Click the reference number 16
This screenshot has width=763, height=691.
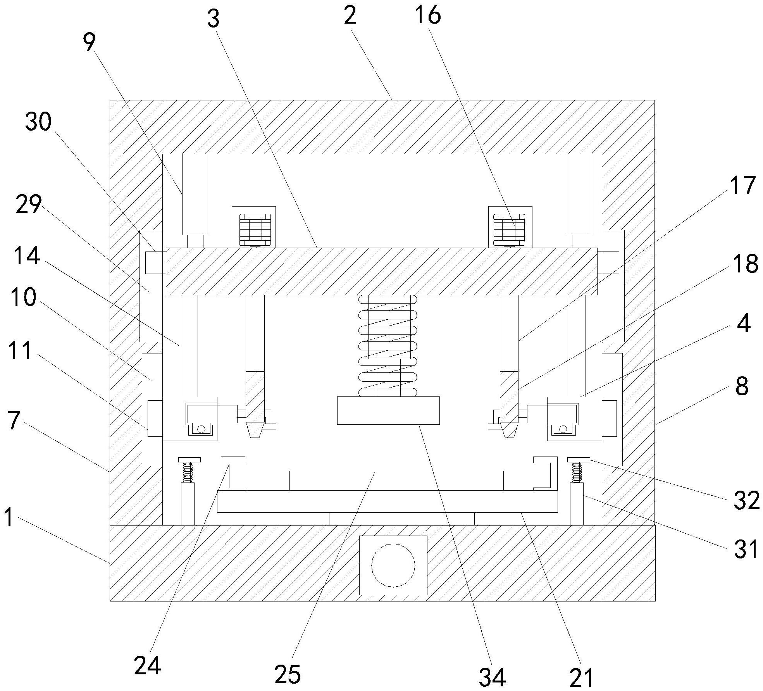[427, 16]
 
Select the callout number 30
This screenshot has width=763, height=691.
[38, 122]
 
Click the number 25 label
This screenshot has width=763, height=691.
[288, 674]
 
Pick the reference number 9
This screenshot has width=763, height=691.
[89, 43]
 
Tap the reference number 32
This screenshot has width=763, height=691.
[746, 500]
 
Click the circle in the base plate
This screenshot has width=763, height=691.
[393, 565]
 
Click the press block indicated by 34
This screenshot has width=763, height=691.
[388, 410]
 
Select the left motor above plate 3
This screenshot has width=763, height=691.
[254, 227]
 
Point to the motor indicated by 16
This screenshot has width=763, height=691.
[510, 227]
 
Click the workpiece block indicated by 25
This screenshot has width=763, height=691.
[396, 481]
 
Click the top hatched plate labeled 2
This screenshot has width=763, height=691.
[382, 127]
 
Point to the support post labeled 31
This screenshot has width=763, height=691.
[577, 504]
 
